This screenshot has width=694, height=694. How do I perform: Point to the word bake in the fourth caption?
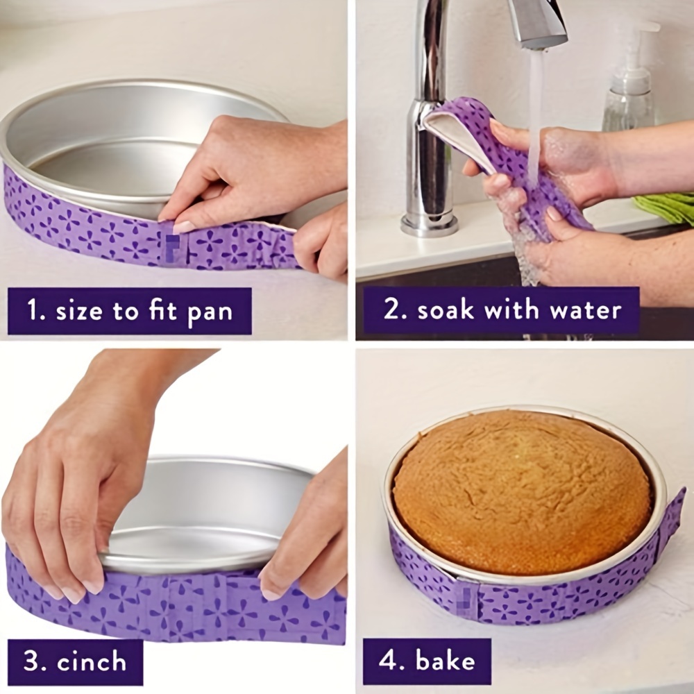(443, 661)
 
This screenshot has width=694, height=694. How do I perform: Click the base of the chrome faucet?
(430, 223)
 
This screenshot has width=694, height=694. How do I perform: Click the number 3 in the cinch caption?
(33, 661)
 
